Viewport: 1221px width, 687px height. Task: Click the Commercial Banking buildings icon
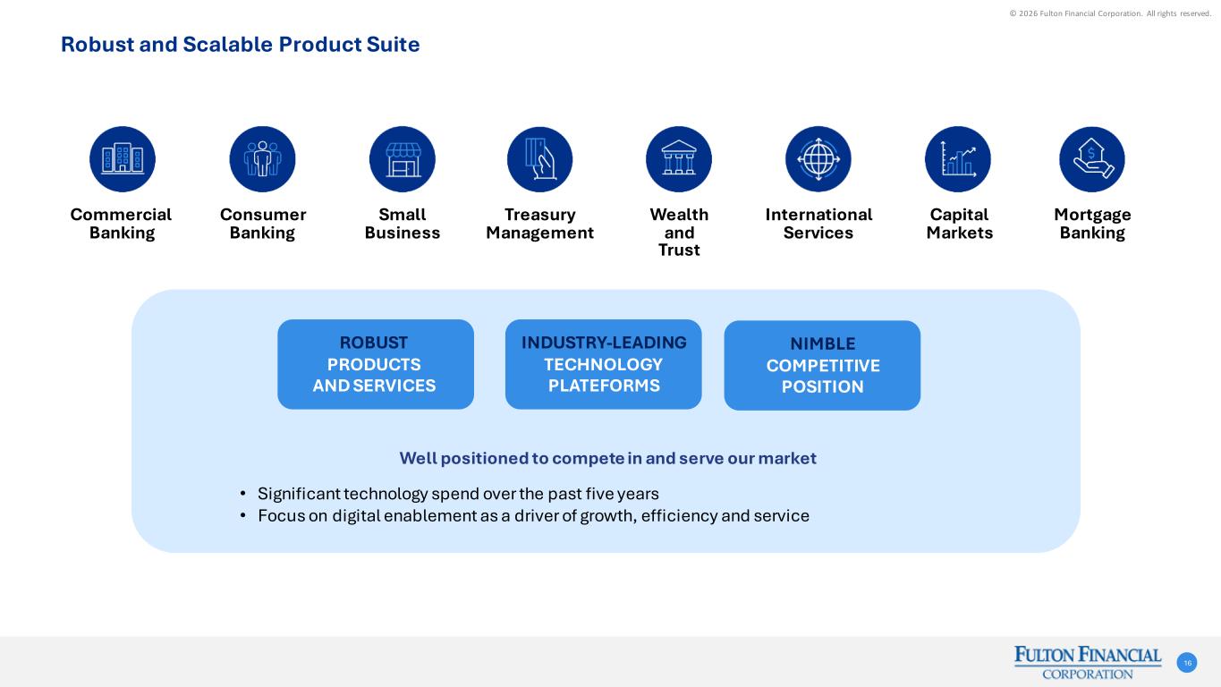tap(123, 159)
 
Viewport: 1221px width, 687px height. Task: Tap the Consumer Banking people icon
tap(262, 159)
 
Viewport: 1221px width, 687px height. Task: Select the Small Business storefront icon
tap(403, 159)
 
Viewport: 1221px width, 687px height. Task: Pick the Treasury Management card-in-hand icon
tap(539, 159)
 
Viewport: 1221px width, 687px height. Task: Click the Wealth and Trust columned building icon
tap(679, 159)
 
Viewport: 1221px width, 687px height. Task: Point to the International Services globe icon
tap(818, 159)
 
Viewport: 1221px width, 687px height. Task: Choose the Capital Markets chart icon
tap(958, 159)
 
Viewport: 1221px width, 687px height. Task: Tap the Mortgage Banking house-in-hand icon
tap(1092, 159)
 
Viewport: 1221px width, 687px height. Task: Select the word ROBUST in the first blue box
tap(374, 343)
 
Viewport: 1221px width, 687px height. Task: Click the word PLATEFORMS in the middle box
tap(604, 386)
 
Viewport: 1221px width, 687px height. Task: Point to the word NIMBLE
tap(823, 343)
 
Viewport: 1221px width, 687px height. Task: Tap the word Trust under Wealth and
tap(679, 250)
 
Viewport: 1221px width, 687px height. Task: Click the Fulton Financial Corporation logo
tap(1088, 663)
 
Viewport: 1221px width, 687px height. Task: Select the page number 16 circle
tap(1187, 663)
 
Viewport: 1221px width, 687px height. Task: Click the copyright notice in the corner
tap(1110, 13)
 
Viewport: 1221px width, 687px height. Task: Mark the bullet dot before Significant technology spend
tap(243, 494)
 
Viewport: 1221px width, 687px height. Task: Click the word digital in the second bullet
tap(356, 516)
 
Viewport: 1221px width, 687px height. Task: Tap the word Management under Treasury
tap(539, 233)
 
